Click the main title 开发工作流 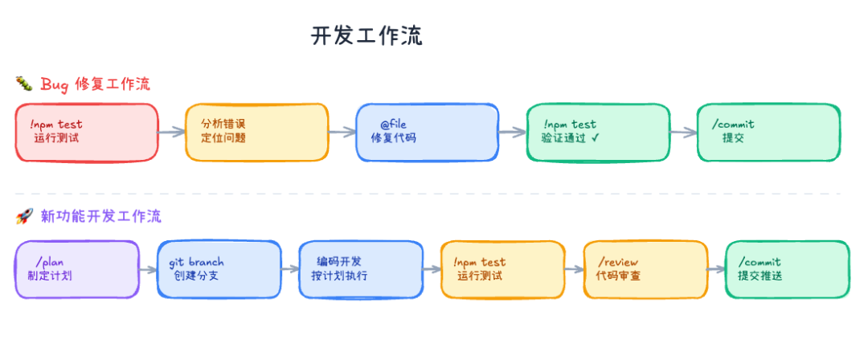366,36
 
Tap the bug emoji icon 24,84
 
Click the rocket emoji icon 24,216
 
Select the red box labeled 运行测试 86,133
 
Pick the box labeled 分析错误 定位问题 257,133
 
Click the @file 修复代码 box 428,133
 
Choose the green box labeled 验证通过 598,133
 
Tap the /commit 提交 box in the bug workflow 768,133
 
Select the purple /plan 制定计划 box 77,270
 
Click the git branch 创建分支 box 219,270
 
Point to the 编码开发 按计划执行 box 361,270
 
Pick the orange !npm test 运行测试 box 502,270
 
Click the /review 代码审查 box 645,270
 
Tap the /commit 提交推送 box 787,270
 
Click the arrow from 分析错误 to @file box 342,132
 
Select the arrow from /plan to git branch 149,270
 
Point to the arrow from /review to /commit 716,270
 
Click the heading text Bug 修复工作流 95,84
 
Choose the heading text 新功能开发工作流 101,216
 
